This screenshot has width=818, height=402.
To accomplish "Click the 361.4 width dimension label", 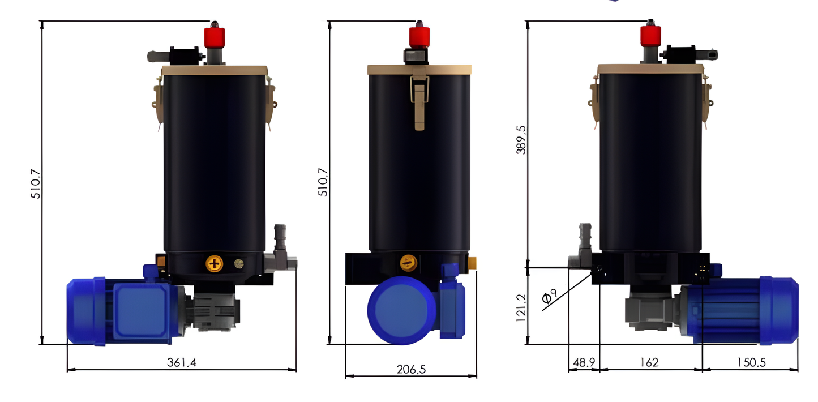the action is (182, 362).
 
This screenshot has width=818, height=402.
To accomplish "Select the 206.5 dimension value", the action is (411, 369).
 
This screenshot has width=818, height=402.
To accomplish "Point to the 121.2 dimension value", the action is (521, 308).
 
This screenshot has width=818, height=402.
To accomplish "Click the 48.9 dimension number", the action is (583, 362).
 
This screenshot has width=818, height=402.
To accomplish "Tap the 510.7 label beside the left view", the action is (36, 182).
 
